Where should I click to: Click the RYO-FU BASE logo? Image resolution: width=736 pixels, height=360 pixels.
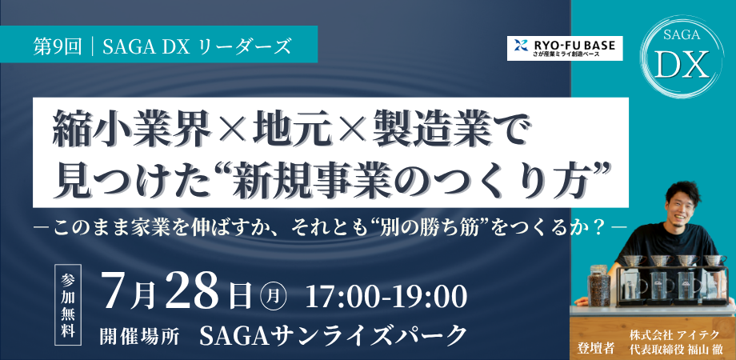click(x=565, y=48)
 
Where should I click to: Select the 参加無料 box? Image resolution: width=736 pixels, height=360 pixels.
click(x=69, y=305)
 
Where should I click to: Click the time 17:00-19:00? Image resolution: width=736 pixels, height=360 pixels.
click(x=386, y=295)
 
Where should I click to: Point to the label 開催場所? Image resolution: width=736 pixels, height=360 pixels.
click(x=139, y=335)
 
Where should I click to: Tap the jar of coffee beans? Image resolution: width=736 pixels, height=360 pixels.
click(x=599, y=286)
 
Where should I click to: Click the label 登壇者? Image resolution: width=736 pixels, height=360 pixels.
click(x=595, y=348)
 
